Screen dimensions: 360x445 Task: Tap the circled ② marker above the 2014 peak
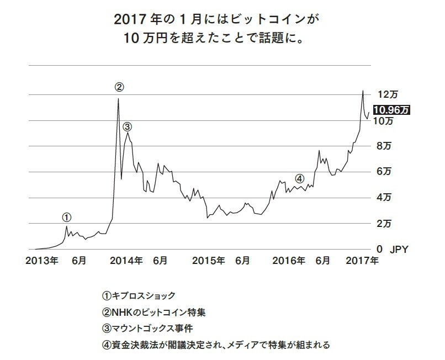click(119, 87)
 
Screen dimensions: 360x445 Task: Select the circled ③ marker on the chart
click(128, 126)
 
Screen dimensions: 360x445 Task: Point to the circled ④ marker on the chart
click(299, 178)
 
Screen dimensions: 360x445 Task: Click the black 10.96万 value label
click(391, 109)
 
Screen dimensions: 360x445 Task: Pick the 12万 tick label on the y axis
click(384, 95)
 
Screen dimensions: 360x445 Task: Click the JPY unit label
click(399, 250)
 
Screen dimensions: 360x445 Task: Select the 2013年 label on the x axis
click(42, 261)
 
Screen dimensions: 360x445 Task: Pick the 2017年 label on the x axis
click(361, 261)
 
